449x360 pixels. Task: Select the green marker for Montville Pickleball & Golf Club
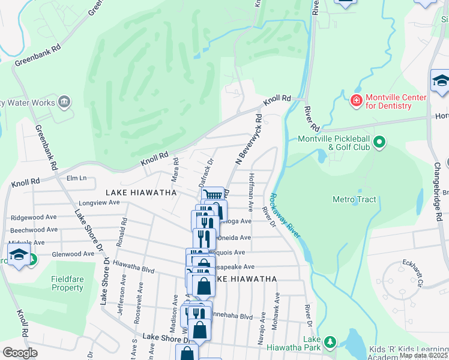coord(379,142)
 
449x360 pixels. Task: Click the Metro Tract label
coord(354,199)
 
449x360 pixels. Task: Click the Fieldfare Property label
coord(67,283)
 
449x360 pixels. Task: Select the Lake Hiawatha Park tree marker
coord(329,342)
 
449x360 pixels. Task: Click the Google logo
coord(20,353)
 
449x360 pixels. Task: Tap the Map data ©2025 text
coord(424,355)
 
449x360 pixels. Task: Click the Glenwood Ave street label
coord(73,254)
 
